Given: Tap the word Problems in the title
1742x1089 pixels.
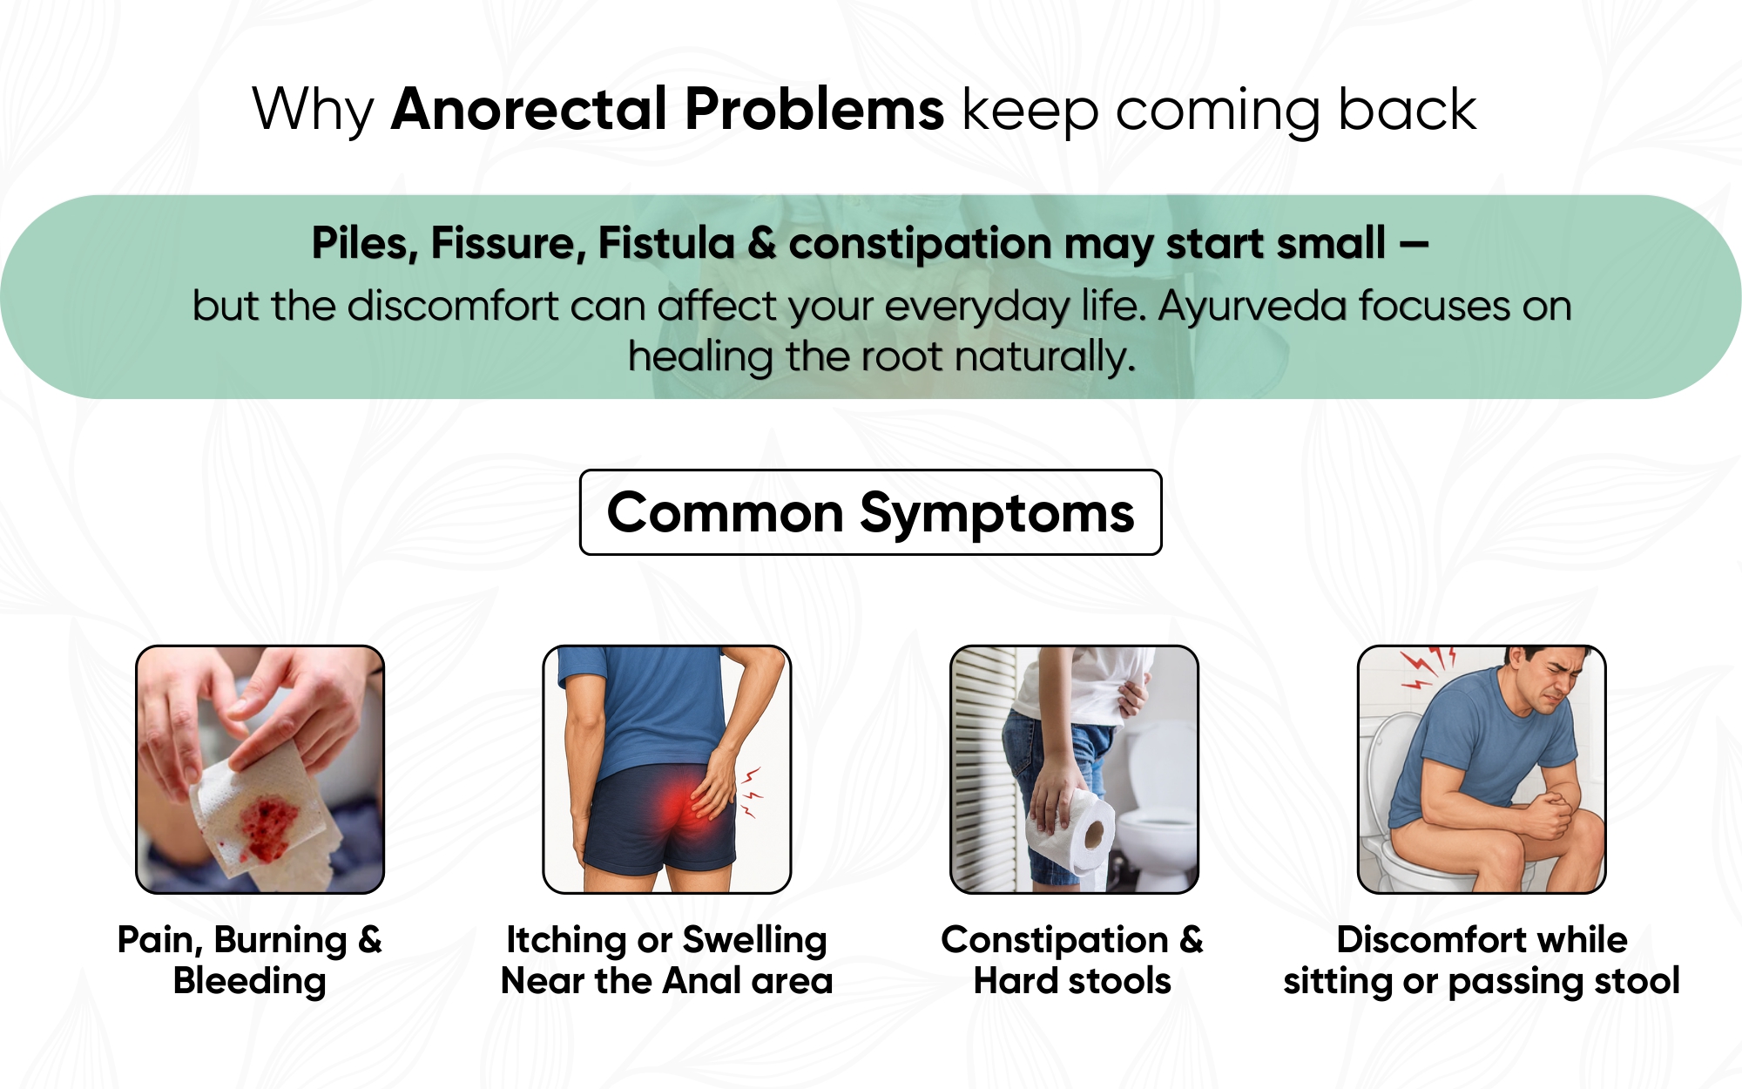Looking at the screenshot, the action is (x=814, y=109).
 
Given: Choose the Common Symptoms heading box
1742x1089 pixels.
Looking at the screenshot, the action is (x=871, y=512).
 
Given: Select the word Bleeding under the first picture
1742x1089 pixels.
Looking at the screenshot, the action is (x=250, y=982).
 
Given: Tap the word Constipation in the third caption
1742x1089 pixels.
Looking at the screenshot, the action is (x=1055, y=940).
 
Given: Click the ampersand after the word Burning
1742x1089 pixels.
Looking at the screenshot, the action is (x=370, y=939).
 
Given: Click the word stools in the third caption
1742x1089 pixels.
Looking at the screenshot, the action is (x=1120, y=981).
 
